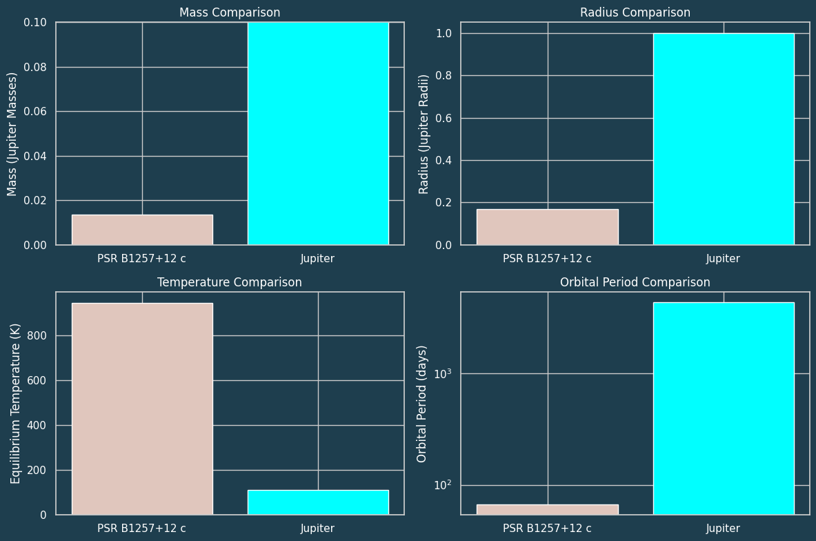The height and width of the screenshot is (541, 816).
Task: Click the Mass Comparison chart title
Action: [x=230, y=12]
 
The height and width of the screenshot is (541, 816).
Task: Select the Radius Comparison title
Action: [x=635, y=12]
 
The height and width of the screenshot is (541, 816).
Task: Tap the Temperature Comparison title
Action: [x=230, y=282]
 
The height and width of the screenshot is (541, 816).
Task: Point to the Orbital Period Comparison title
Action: [x=635, y=282]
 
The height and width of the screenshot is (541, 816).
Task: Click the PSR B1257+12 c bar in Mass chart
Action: [x=142, y=230]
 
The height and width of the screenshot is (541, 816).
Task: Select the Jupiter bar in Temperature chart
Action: [x=318, y=502]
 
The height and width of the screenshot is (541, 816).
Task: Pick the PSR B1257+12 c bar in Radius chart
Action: [x=548, y=227]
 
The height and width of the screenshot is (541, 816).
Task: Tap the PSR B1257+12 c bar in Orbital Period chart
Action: [x=548, y=509]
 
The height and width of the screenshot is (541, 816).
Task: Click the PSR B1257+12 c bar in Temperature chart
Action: [x=142, y=409]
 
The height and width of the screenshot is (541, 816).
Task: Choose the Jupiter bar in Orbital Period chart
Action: [x=724, y=409]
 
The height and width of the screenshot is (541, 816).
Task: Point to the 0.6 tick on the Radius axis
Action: [x=444, y=118]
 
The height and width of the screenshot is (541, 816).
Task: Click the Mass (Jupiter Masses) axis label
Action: [x=12, y=133]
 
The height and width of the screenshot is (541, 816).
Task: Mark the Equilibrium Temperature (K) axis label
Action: [x=15, y=403]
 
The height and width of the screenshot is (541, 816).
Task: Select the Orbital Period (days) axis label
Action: [x=422, y=403]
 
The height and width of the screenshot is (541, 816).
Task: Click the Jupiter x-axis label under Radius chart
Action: [x=723, y=259]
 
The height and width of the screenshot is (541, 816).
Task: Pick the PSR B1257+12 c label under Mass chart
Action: [x=141, y=259]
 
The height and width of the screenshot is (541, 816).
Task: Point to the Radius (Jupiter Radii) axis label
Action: [x=424, y=133]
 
